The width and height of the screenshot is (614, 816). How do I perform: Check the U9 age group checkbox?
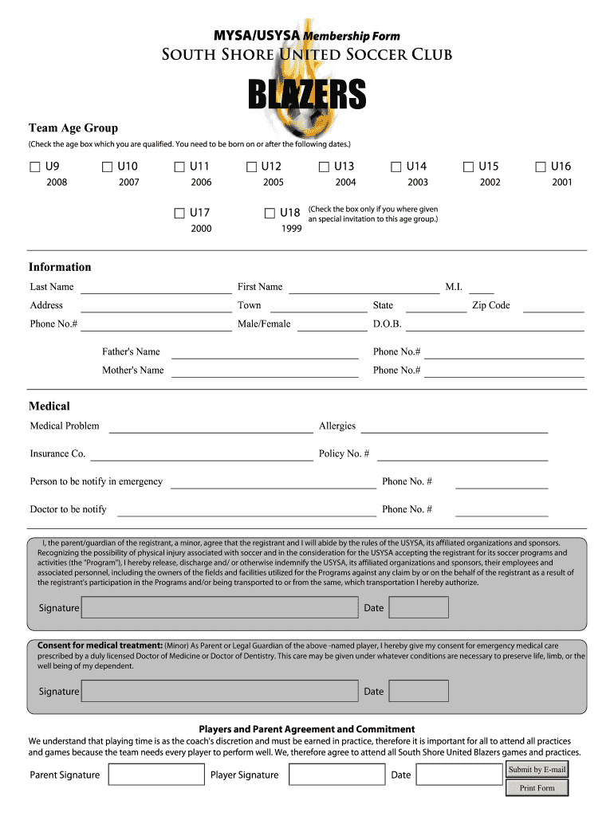pos(35,167)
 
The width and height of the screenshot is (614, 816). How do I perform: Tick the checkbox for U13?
pos(324,167)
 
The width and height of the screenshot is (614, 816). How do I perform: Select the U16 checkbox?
pos(541,167)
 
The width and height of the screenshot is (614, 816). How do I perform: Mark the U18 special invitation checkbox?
pos(270,213)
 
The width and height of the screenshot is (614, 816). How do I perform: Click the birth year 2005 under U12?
pos(274,182)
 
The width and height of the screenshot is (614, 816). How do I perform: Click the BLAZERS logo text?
pos(306,96)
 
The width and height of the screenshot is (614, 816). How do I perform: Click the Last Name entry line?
pos(155,288)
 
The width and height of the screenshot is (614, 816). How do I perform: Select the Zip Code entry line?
pos(553,306)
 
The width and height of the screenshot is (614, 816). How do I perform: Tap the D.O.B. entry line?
pos(495,325)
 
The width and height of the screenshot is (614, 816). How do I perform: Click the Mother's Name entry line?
pos(265,371)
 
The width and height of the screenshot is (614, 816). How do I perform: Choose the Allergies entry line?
pos(454,427)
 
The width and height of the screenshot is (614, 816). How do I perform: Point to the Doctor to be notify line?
pos(246,511)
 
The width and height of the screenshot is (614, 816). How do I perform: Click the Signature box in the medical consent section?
pos(220,692)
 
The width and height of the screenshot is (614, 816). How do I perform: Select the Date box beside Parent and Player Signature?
pos(459,775)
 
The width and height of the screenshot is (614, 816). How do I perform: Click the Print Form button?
pos(537,788)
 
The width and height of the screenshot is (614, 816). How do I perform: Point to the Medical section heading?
pos(49,406)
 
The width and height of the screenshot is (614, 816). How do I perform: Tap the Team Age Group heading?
pos(73,128)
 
